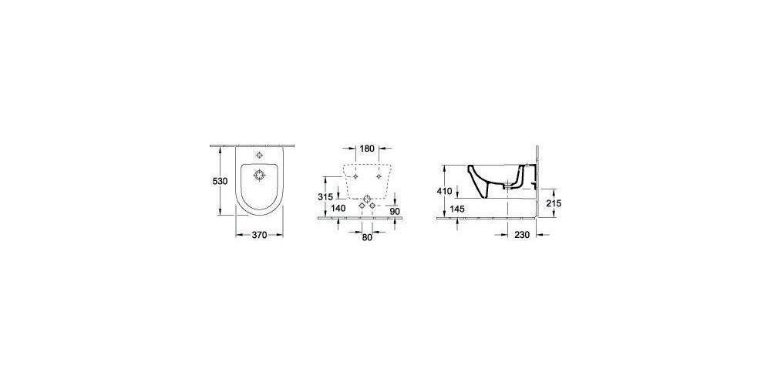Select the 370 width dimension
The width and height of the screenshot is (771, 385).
click(x=258, y=236)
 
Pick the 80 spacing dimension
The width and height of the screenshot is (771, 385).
click(x=367, y=237)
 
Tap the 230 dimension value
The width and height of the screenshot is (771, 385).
click(x=522, y=236)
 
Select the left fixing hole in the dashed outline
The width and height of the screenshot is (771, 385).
click(x=355, y=178)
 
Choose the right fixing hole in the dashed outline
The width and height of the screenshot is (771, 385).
click(x=379, y=178)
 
